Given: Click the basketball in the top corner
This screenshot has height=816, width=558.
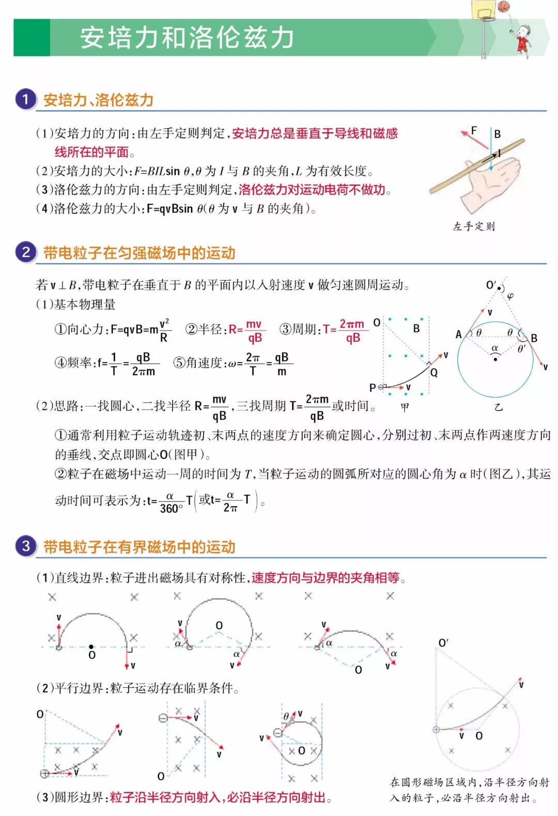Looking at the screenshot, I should (503, 6).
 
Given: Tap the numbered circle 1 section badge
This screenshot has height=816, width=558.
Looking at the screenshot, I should (25, 99).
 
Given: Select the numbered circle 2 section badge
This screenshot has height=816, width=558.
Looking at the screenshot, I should (25, 252).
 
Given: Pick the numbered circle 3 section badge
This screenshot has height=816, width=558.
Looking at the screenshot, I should (25, 546).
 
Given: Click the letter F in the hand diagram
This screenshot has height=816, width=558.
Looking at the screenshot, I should (474, 130).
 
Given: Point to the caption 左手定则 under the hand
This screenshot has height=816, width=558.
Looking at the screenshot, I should (474, 226).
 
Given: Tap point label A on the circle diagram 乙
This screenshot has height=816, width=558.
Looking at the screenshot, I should (458, 335).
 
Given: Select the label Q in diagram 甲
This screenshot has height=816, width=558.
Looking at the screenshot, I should (434, 372).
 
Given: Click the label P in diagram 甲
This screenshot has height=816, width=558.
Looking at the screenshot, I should (373, 387).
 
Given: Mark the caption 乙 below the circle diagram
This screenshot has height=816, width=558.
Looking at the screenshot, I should (498, 407).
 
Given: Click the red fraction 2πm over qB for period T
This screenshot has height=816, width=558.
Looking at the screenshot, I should (352, 331).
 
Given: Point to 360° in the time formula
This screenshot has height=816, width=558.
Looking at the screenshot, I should (171, 508).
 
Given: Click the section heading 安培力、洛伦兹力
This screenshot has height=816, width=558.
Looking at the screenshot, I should (98, 100).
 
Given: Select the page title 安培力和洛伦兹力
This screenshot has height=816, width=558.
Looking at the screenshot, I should (187, 37).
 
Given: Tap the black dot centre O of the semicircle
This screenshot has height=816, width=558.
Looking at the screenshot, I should (91, 646).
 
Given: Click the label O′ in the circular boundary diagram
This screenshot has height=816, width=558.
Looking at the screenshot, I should (443, 643).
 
